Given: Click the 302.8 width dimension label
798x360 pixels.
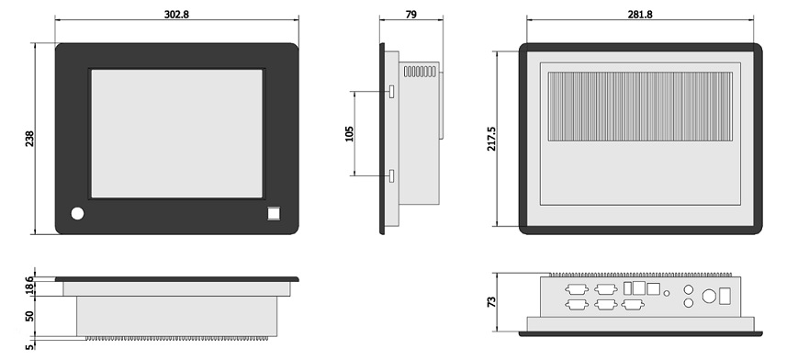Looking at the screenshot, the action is coord(176,15).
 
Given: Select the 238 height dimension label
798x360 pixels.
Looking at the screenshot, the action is coord(29,139).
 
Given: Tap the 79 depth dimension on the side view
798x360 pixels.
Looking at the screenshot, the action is coord(410,15).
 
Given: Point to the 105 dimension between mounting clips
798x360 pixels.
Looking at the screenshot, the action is coord(349,134).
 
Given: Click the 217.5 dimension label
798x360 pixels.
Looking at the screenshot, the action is coord(491,139).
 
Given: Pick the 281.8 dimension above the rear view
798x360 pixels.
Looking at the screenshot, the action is coord(640,15).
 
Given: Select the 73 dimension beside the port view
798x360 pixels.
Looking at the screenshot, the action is coord(491,302).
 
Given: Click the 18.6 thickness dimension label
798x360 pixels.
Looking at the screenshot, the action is coord(29,286).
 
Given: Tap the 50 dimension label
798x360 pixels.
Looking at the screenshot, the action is coord(29,316).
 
